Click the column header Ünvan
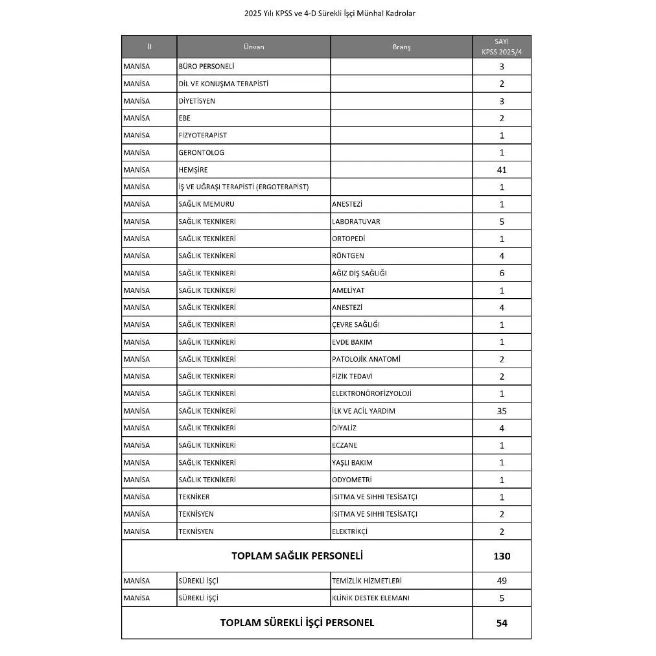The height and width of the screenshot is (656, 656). point(253,47)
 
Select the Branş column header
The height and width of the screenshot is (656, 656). point(401,47)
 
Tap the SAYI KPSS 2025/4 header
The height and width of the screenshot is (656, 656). point(501,46)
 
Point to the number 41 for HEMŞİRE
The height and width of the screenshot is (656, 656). point(501,170)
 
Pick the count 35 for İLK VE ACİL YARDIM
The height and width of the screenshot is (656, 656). point(501,411)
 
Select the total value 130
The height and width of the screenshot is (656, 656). point(501,556)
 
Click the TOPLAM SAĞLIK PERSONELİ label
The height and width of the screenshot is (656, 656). point(297,556)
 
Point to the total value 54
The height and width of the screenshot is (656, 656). point(501,623)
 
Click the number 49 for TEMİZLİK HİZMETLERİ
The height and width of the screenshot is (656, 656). point(501,581)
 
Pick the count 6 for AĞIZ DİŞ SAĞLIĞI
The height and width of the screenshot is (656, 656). point(501,273)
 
